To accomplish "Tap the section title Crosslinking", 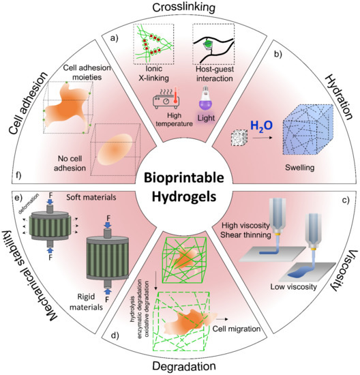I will (180, 7).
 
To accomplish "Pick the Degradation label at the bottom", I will (180, 366).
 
